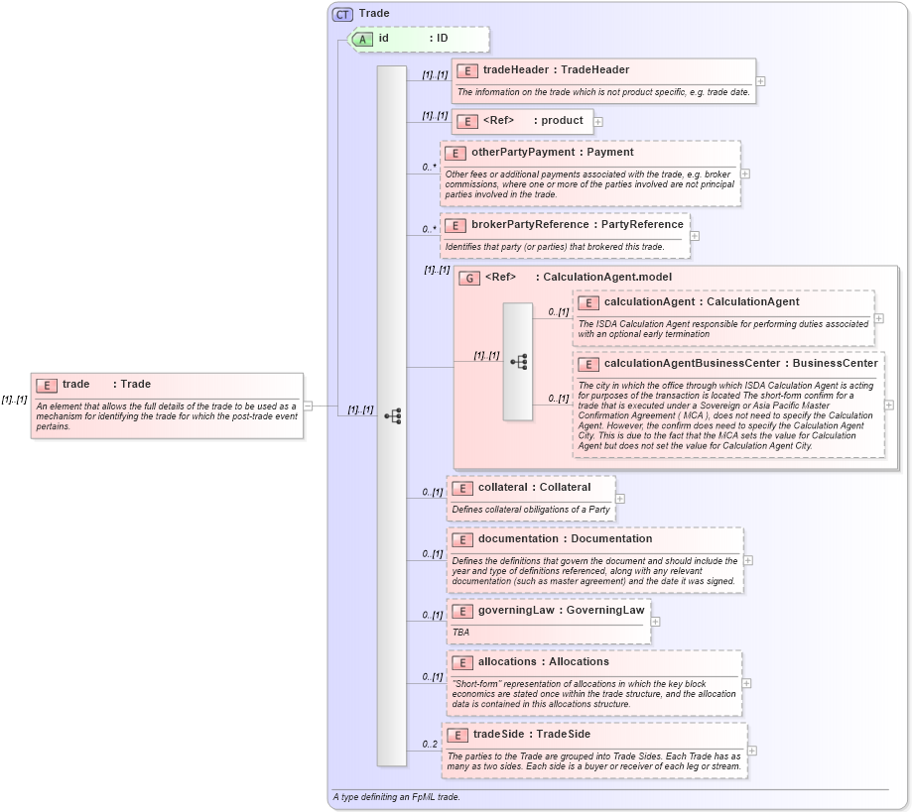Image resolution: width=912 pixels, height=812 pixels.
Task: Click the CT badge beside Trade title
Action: coord(342,14)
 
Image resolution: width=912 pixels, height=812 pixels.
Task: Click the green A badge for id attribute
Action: coord(363,39)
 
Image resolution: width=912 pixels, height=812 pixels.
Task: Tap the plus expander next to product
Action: coord(598,122)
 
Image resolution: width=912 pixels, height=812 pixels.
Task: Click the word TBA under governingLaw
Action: coord(461,632)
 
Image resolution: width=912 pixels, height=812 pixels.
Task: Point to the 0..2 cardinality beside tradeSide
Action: coord(430,745)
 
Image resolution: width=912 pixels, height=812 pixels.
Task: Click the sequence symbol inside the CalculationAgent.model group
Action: coord(518,362)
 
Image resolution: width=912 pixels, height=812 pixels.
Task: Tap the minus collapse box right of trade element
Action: coord(308,405)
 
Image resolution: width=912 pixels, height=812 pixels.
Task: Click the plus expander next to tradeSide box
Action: coord(751,752)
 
